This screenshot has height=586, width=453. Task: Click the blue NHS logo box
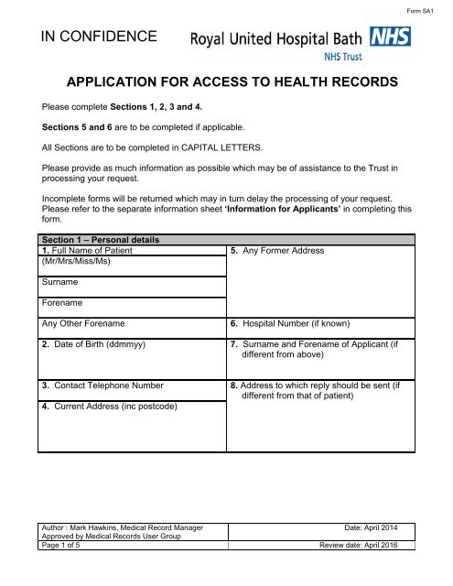click(393, 38)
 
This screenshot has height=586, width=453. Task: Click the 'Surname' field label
click(61, 283)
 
